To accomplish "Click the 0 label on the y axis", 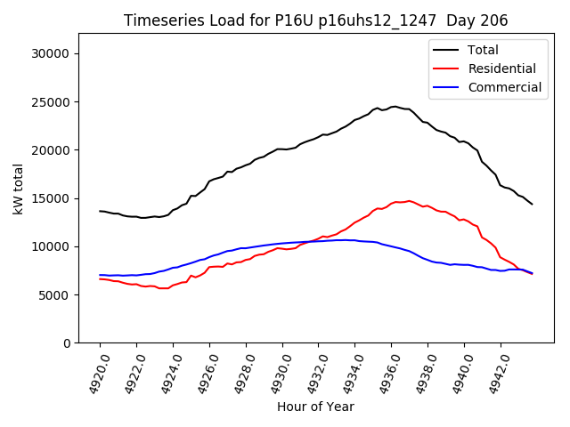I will (x=67, y=342).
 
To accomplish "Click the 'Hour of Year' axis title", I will (x=315, y=407).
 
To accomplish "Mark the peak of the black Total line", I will (x=394, y=107).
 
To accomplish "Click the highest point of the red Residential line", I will (x=409, y=201).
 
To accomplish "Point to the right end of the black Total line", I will (x=533, y=204).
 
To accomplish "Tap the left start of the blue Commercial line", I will (x=100, y=275).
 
